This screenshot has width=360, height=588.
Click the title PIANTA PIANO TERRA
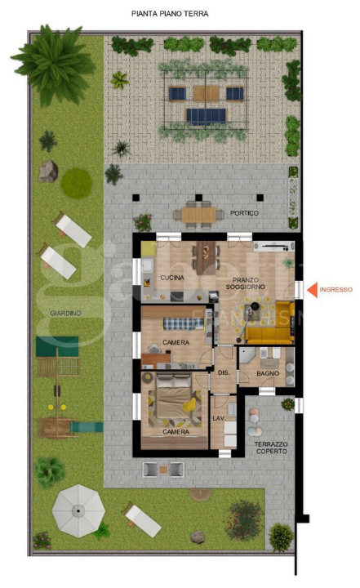[x=170, y=14]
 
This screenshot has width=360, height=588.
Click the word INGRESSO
[x=336, y=289]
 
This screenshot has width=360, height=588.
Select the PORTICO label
[x=244, y=213]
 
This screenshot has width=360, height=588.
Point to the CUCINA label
[x=172, y=278]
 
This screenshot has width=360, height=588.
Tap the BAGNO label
[x=268, y=373]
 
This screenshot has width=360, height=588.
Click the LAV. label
[x=218, y=418]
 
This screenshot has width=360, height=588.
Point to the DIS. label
[x=223, y=373]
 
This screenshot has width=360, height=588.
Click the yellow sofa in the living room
[x=269, y=324]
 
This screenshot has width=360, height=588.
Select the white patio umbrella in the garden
[x=77, y=510]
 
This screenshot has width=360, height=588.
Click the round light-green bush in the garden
[x=76, y=181]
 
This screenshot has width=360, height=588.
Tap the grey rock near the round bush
[x=48, y=170]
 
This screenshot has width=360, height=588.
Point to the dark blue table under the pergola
[x=206, y=115]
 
